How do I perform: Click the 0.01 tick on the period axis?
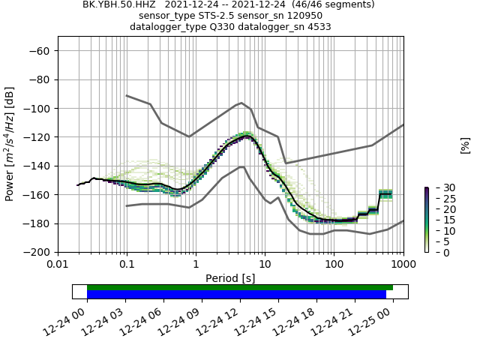(x=58, y=263)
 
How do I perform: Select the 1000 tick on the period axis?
(x=403, y=263)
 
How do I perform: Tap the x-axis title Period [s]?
(x=230, y=277)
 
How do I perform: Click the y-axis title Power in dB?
(x=10, y=145)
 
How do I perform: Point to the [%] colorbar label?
(x=465, y=145)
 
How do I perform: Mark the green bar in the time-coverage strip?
(x=240, y=287)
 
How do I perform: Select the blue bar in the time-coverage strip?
(x=236, y=295)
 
